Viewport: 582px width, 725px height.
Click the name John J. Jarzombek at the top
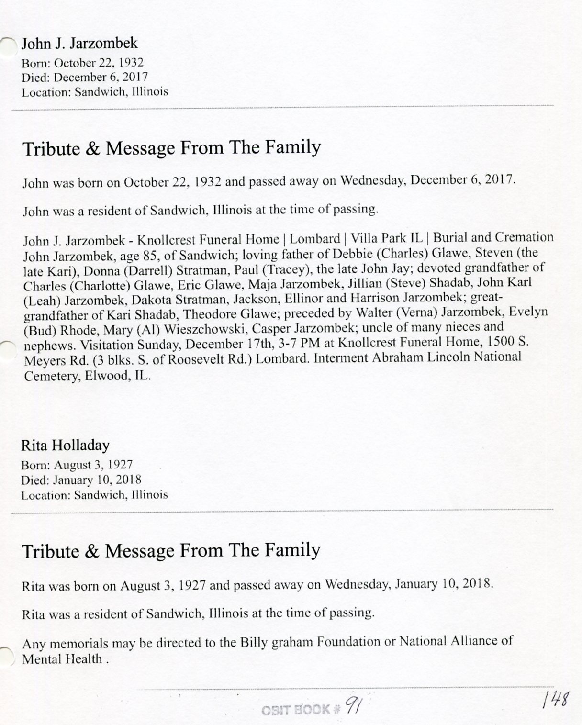(79, 44)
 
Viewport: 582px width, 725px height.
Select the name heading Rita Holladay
(65, 446)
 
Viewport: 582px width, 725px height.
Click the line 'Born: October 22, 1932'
(82, 63)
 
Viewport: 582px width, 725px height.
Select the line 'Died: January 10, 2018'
(81, 480)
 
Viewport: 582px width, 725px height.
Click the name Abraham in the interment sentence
(393, 357)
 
